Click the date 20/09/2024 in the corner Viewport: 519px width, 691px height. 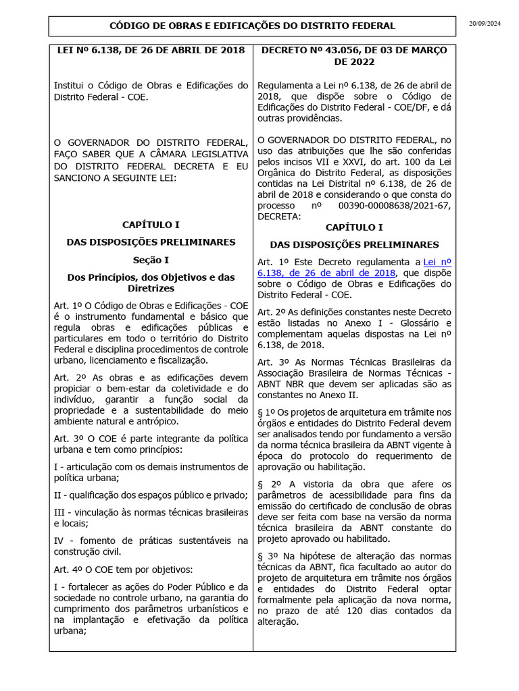(x=485, y=24)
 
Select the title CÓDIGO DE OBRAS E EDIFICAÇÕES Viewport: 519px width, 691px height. (x=252, y=26)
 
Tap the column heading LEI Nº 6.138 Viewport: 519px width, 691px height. (x=151, y=51)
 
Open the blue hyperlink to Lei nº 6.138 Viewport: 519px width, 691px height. (x=354, y=267)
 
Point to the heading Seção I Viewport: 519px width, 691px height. (x=151, y=259)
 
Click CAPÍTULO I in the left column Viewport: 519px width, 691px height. (x=151, y=224)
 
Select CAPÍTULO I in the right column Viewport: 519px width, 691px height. (x=354, y=227)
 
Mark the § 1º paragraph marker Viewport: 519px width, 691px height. (x=266, y=412)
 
